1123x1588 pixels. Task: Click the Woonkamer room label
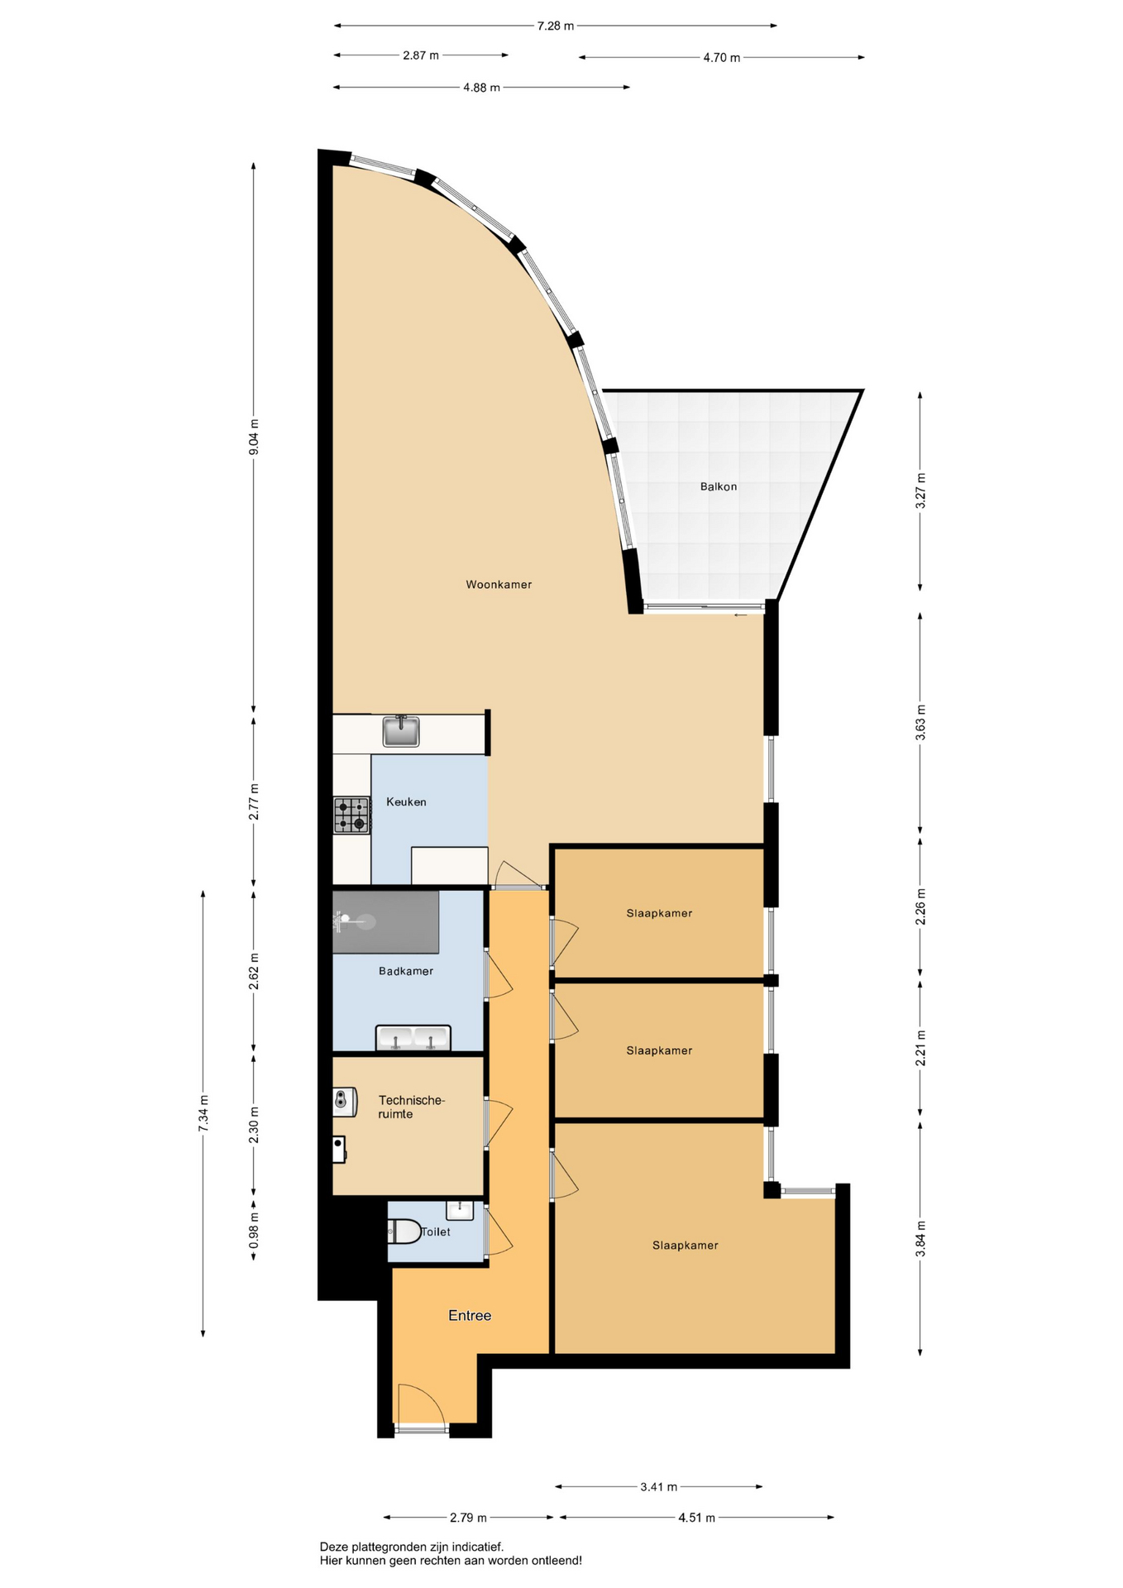pyautogui.click(x=499, y=585)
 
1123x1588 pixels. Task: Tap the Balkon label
pyautogui.click(x=719, y=487)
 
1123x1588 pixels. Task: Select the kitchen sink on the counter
pyautogui.click(x=401, y=731)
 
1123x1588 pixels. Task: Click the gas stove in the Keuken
pyautogui.click(x=351, y=815)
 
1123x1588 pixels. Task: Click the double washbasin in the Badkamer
pyautogui.click(x=413, y=1038)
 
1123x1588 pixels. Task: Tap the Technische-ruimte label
pyautogui.click(x=412, y=1107)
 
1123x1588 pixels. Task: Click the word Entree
pyautogui.click(x=470, y=1316)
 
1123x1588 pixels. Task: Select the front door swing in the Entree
pyautogui.click(x=423, y=1405)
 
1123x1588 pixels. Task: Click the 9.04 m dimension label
pyautogui.click(x=254, y=437)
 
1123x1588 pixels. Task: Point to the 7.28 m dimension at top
pyautogui.click(x=556, y=26)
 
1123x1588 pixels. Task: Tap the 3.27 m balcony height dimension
pyautogui.click(x=920, y=490)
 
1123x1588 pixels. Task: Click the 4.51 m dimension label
pyautogui.click(x=697, y=1518)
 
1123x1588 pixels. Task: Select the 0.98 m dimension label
pyautogui.click(x=254, y=1231)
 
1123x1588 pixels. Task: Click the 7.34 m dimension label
pyautogui.click(x=203, y=1113)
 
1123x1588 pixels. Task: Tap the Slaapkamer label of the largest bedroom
pyautogui.click(x=686, y=1246)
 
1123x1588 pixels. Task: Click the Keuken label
pyautogui.click(x=406, y=802)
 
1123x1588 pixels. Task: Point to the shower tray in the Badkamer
pyautogui.click(x=386, y=922)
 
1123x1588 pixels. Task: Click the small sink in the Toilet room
pyautogui.click(x=459, y=1211)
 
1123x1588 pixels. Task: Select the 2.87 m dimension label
pyautogui.click(x=421, y=55)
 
